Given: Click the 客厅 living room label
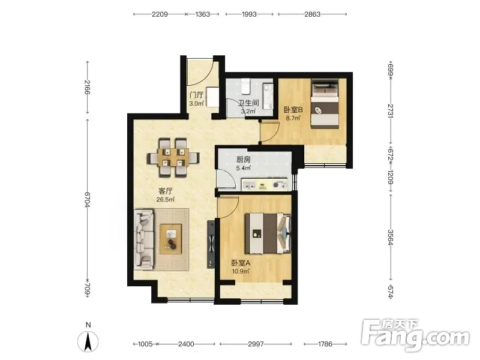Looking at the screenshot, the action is (x=166, y=191).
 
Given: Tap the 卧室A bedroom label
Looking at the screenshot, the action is (x=241, y=263).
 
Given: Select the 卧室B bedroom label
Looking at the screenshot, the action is (x=293, y=110).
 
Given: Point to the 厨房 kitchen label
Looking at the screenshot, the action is (x=244, y=160).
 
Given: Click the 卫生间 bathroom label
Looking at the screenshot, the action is (x=248, y=103).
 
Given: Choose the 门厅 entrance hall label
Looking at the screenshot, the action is (x=197, y=95).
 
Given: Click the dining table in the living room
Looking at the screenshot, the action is (x=173, y=158).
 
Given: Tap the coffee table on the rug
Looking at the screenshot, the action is (x=170, y=239).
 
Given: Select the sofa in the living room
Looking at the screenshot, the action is (x=144, y=239).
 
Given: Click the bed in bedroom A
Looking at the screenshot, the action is (x=268, y=233).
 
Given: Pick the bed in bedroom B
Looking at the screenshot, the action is (x=325, y=103).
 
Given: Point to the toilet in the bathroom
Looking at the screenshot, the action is (x=246, y=86).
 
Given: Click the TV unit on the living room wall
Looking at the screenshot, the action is (x=211, y=244).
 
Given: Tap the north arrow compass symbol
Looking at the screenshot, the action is (x=88, y=341).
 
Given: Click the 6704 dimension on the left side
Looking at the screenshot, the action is (x=87, y=199).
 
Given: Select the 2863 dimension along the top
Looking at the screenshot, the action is (x=312, y=14).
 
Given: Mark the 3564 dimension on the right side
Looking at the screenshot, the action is (x=391, y=237).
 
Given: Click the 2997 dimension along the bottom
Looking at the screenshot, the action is (x=256, y=344).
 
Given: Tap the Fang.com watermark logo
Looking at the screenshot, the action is (x=415, y=335).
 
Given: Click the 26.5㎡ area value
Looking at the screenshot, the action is (x=166, y=200).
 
